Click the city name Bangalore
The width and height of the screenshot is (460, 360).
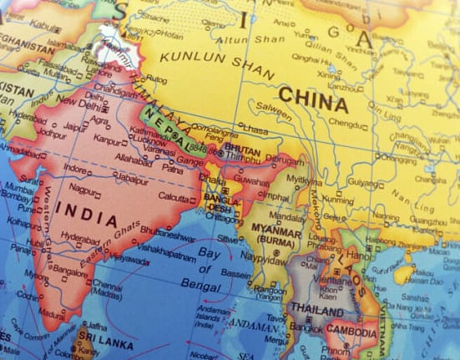[69, 271]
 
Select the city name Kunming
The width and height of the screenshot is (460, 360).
[337, 200]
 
